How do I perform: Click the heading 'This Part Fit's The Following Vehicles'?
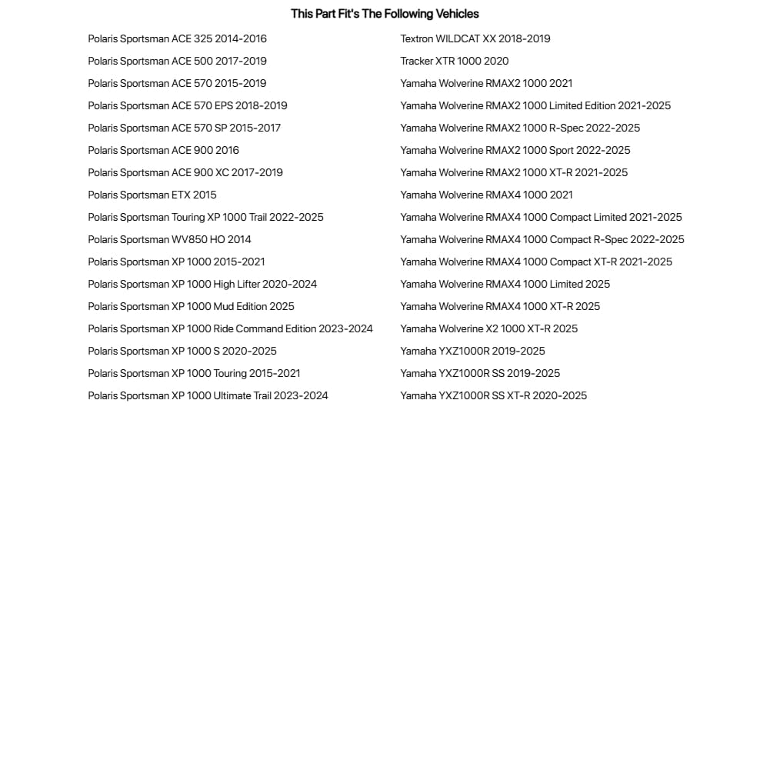(385, 14)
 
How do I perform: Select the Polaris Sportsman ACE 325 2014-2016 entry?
(177, 38)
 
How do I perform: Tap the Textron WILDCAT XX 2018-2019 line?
(475, 38)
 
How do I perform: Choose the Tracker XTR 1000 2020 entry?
(454, 61)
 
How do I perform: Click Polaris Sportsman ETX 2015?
(152, 195)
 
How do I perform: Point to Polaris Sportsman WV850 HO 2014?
(169, 239)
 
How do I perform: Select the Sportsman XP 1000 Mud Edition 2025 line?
(191, 306)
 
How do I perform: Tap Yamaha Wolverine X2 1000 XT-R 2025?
(488, 328)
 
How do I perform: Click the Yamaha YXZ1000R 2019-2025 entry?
(472, 351)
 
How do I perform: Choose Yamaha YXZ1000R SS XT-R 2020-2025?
(493, 395)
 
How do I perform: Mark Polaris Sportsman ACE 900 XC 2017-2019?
(185, 172)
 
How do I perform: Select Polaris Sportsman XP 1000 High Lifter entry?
(202, 284)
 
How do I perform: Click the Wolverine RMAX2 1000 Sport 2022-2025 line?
(515, 150)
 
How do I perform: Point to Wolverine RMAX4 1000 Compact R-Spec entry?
(542, 239)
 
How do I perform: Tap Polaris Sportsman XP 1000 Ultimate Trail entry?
(208, 395)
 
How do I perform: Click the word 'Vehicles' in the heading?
(455, 14)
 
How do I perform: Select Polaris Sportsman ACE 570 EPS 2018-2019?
(187, 105)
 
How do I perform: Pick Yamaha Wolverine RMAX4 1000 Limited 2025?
(505, 284)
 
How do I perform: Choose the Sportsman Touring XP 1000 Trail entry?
(205, 217)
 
